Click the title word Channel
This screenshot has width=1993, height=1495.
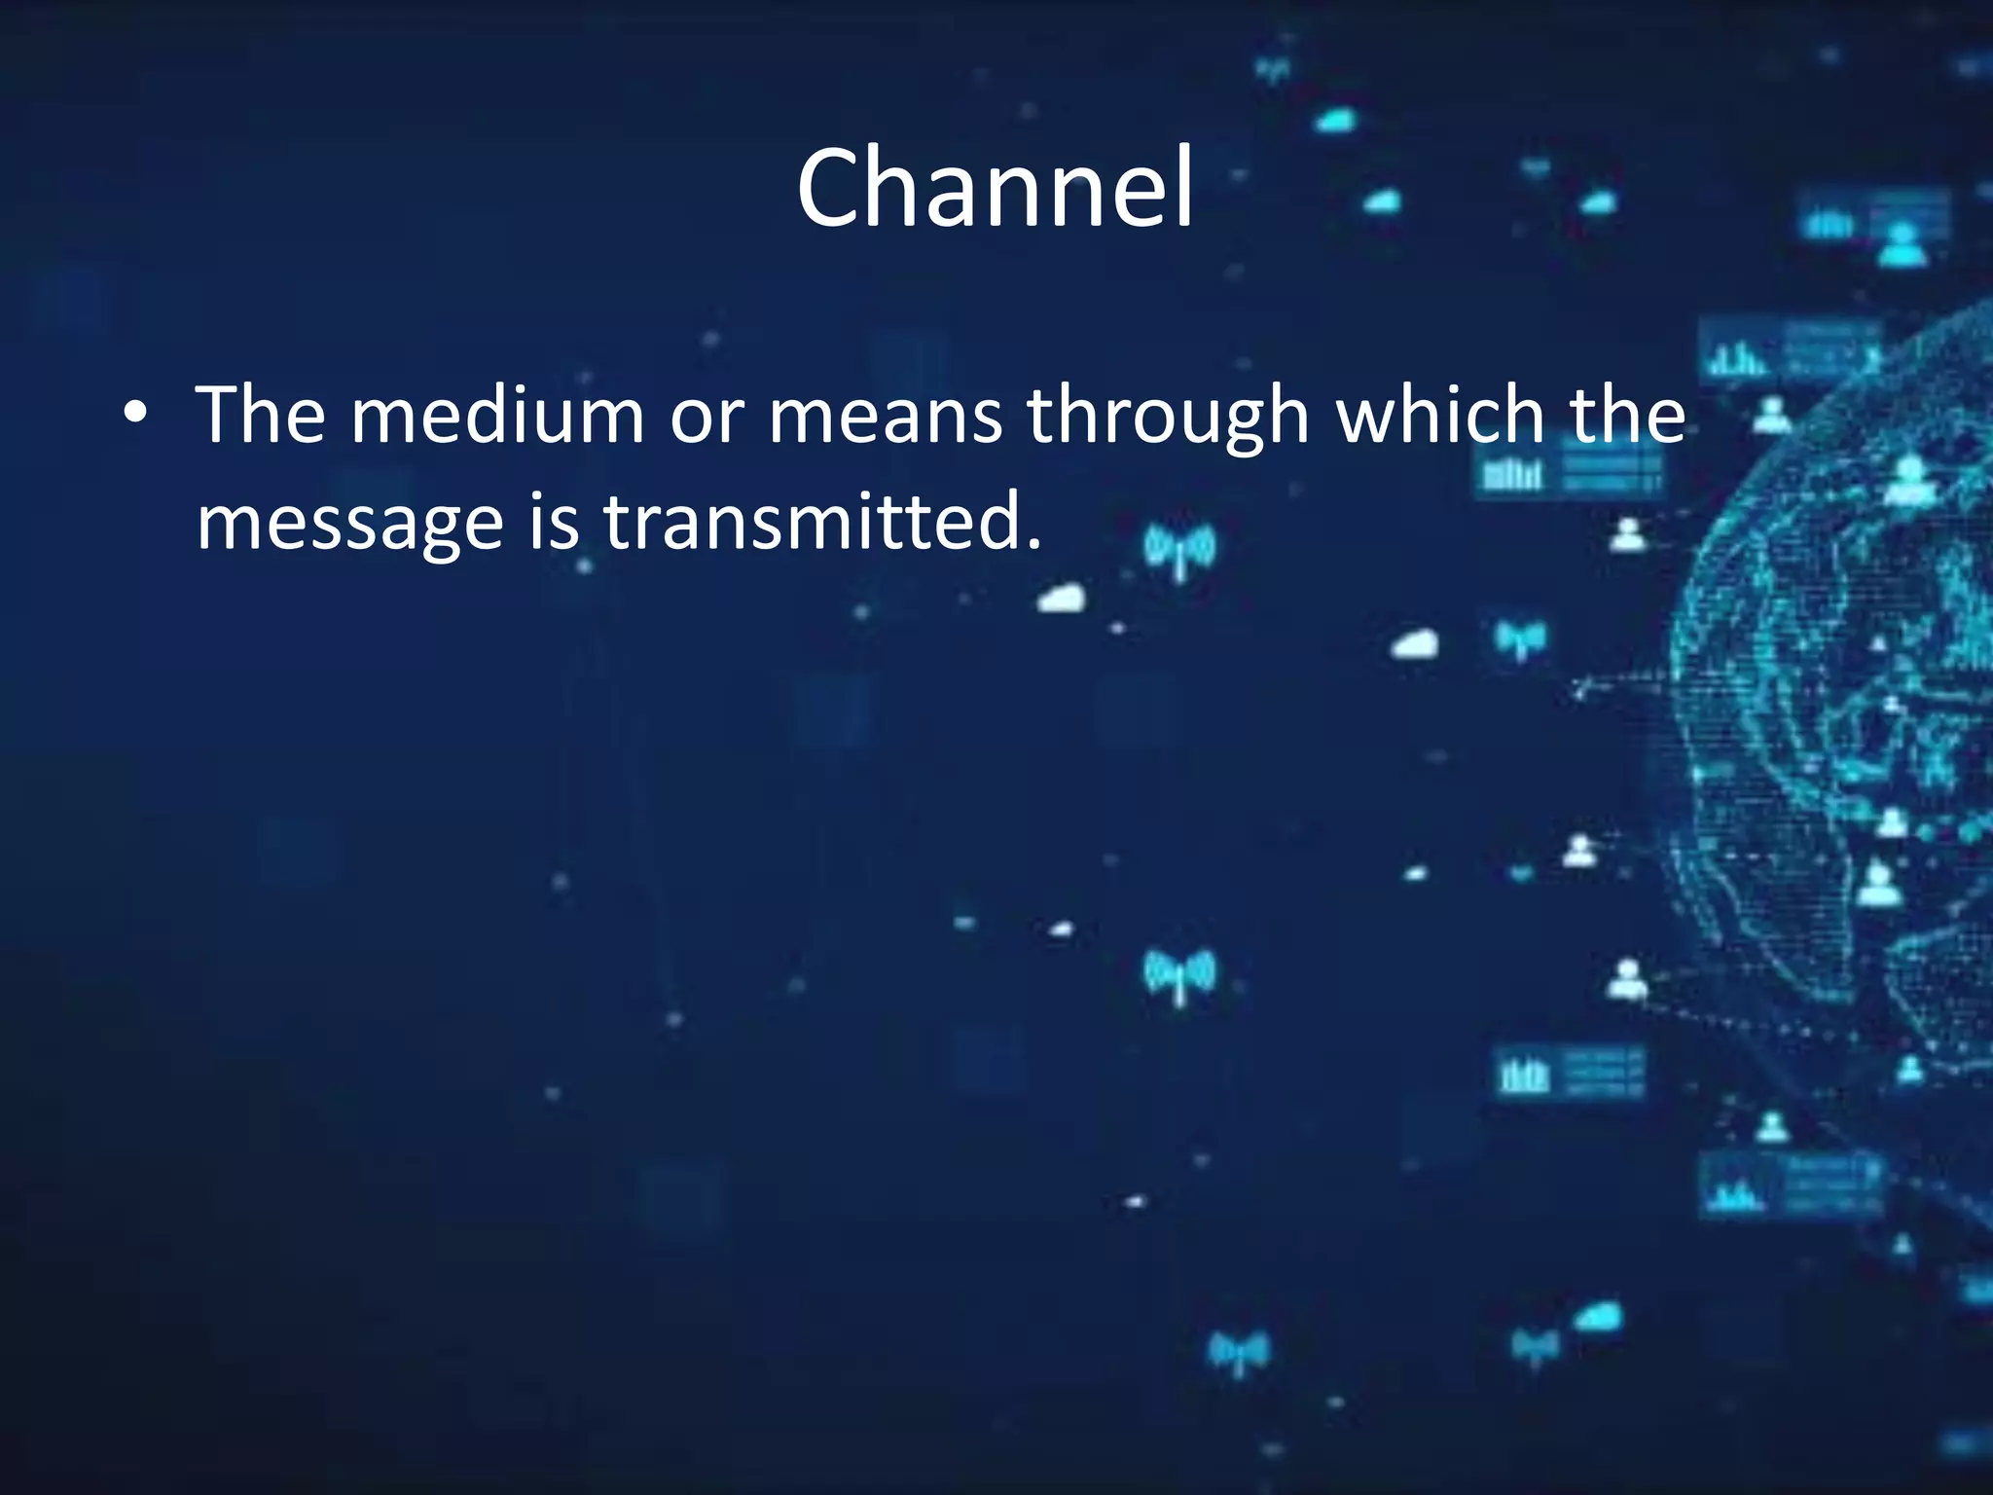pos(995,188)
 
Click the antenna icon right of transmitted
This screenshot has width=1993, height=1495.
pos(1179,550)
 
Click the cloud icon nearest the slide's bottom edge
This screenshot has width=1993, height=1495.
pos(1598,1318)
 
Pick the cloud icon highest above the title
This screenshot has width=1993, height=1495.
pos(1336,122)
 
